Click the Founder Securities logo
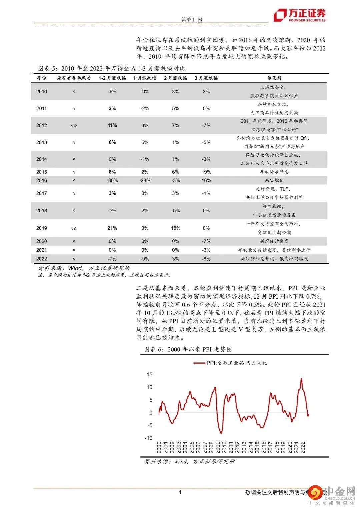(299, 15)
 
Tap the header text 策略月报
(192, 20)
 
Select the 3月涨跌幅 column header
(206, 78)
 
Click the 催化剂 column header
(274, 78)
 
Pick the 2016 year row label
(42, 180)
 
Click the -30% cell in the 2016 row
(112, 180)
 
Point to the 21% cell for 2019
(112, 228)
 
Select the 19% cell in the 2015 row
(206, 172)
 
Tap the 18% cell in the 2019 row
(175, 228)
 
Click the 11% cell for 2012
(112, 125)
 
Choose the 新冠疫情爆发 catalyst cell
(274, 241)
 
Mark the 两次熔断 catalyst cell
(274, 180)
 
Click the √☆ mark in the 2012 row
(74, 125)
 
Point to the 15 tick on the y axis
(149, 375)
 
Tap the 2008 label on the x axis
(211, 447)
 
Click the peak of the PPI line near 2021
(301, 378)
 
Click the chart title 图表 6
(188, 349)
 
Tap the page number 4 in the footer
(180, 492)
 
